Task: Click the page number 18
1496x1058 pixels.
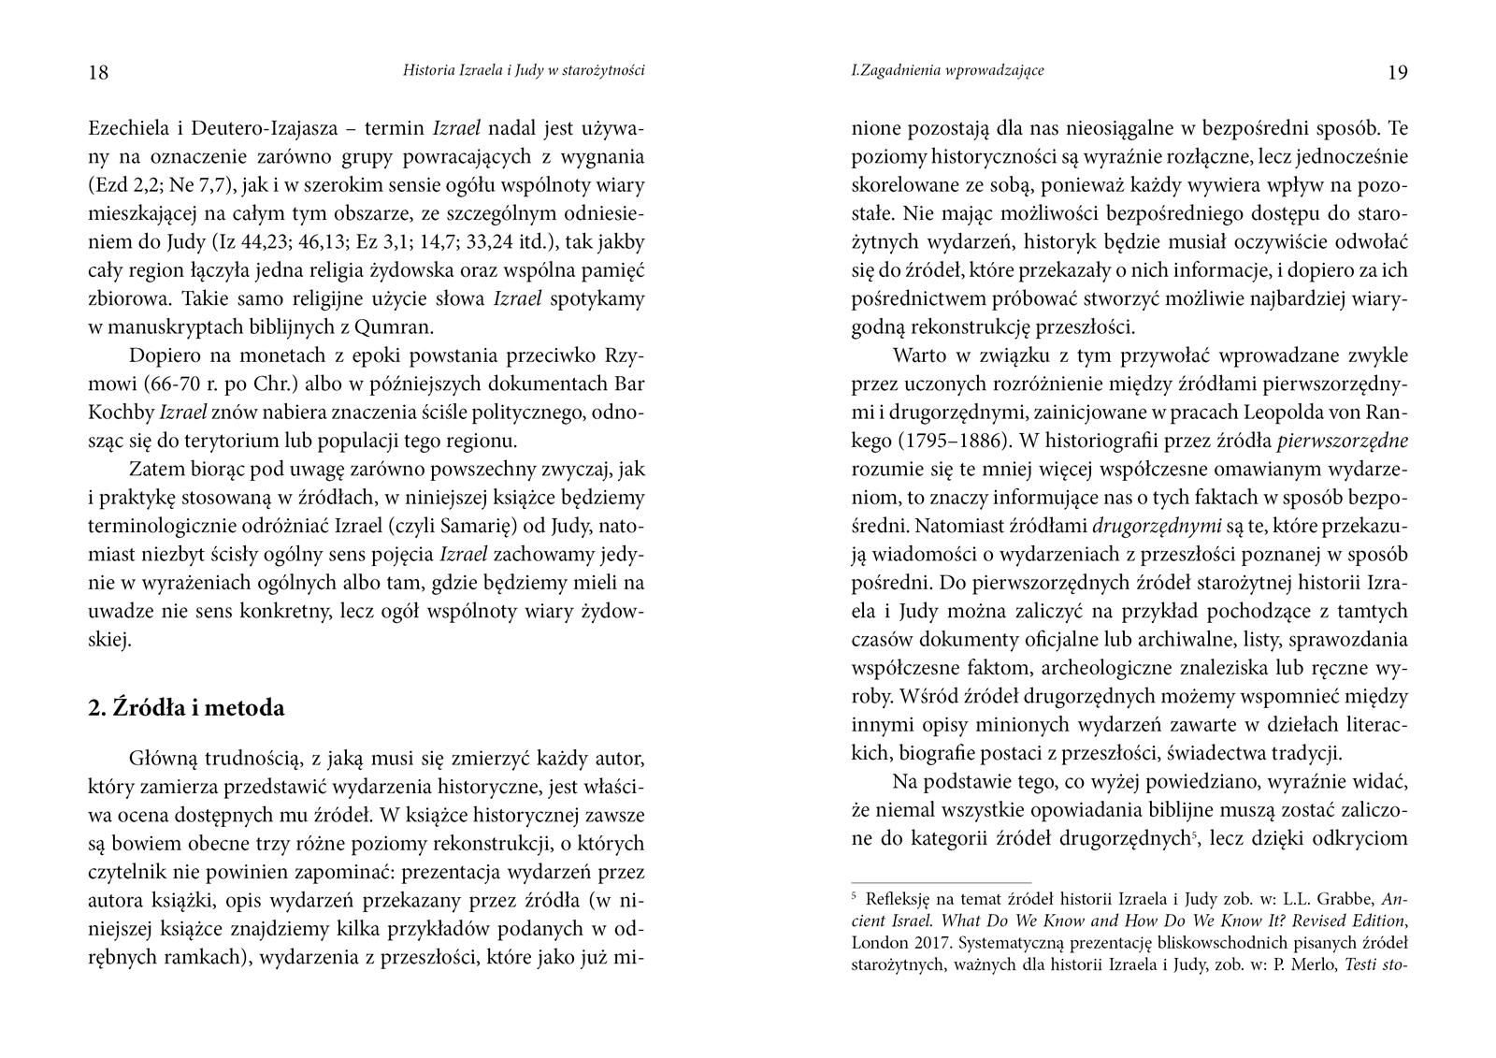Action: pos(98,73)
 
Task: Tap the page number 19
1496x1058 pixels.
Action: pos(1397,73)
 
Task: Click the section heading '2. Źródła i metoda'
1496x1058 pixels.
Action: pos(186,708)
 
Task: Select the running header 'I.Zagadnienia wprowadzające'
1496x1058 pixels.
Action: pos(947,70)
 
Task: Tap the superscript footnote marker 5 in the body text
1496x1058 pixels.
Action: pos(1195,833)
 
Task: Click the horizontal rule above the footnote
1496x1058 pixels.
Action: pos(941,882)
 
